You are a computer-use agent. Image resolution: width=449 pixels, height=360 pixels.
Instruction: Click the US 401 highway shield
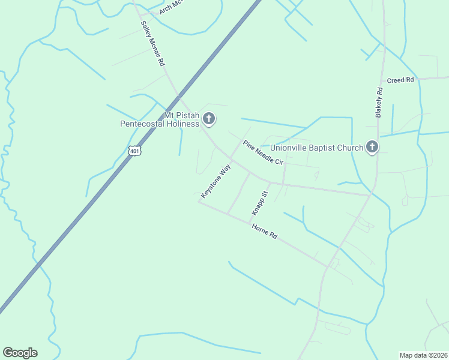pyautogui.click(x=134, y=151)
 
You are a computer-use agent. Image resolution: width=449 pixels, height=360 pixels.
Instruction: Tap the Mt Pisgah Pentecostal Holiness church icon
pyautogui.click(x=209, y=119)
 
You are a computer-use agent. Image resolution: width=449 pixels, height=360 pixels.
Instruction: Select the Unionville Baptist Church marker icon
pyautogui.click(x=372, y=146)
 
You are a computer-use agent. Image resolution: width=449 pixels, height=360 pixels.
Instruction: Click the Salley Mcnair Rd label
pyautogui.click(x=152, y=43)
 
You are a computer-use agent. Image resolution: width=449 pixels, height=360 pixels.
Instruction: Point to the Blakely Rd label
pyautogui.click(x=379, y=102)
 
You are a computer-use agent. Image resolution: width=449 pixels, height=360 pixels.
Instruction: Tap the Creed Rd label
pyautogui.click(x=400, y=80)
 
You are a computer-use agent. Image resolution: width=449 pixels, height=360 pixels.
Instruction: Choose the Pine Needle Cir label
pyautogui.click(x=262, y=153)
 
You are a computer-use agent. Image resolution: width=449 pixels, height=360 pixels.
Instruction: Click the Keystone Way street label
pyautogui.click(x=215, y=182)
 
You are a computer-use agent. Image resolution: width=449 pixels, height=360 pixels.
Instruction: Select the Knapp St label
pyautogui.click(x=259, y=203)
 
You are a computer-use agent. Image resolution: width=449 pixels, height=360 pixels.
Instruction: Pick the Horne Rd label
pyautogui.click(x=264, y=232)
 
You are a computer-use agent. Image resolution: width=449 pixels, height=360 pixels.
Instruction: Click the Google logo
pyautogui.click(x=20, y=353)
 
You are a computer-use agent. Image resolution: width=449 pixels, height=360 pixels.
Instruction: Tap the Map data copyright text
pyautogui.click(x=423, y=355)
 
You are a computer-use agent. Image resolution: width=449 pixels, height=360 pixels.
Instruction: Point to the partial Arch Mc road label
pyautogui.click(x=170, y=7)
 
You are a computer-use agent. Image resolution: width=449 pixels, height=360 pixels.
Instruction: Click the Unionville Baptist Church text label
pyautogui.click(x=316, y=148)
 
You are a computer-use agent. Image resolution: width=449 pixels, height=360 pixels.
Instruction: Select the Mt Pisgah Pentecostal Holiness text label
pyautogui.click(x=159, y=119)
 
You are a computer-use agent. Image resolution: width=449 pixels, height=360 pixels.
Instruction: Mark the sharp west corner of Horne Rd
pyautogui.click(x=199, y=201)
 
